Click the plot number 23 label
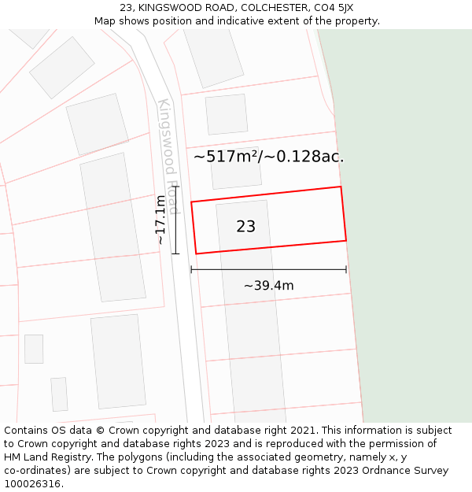point(245,227)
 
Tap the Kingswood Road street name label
point(169,156)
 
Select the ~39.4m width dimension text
point(268,286)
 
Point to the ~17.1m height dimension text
point(160,220)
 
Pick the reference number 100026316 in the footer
point(32,484)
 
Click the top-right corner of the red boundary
point(341,187)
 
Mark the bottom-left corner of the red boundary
point(196,253)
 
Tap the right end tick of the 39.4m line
point(346,269)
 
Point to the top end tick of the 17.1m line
point(175,187)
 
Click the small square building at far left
point(34,349)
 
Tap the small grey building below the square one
point(59,394)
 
